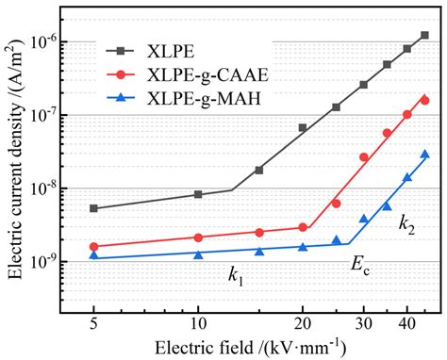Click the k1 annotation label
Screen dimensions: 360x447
coord(235,275)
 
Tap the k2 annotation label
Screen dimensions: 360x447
coord(406,223)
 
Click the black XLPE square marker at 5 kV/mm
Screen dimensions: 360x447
coord(93,208)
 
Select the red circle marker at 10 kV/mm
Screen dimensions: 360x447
coord(198,237)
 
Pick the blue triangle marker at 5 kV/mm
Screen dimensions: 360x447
coord(93,255)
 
